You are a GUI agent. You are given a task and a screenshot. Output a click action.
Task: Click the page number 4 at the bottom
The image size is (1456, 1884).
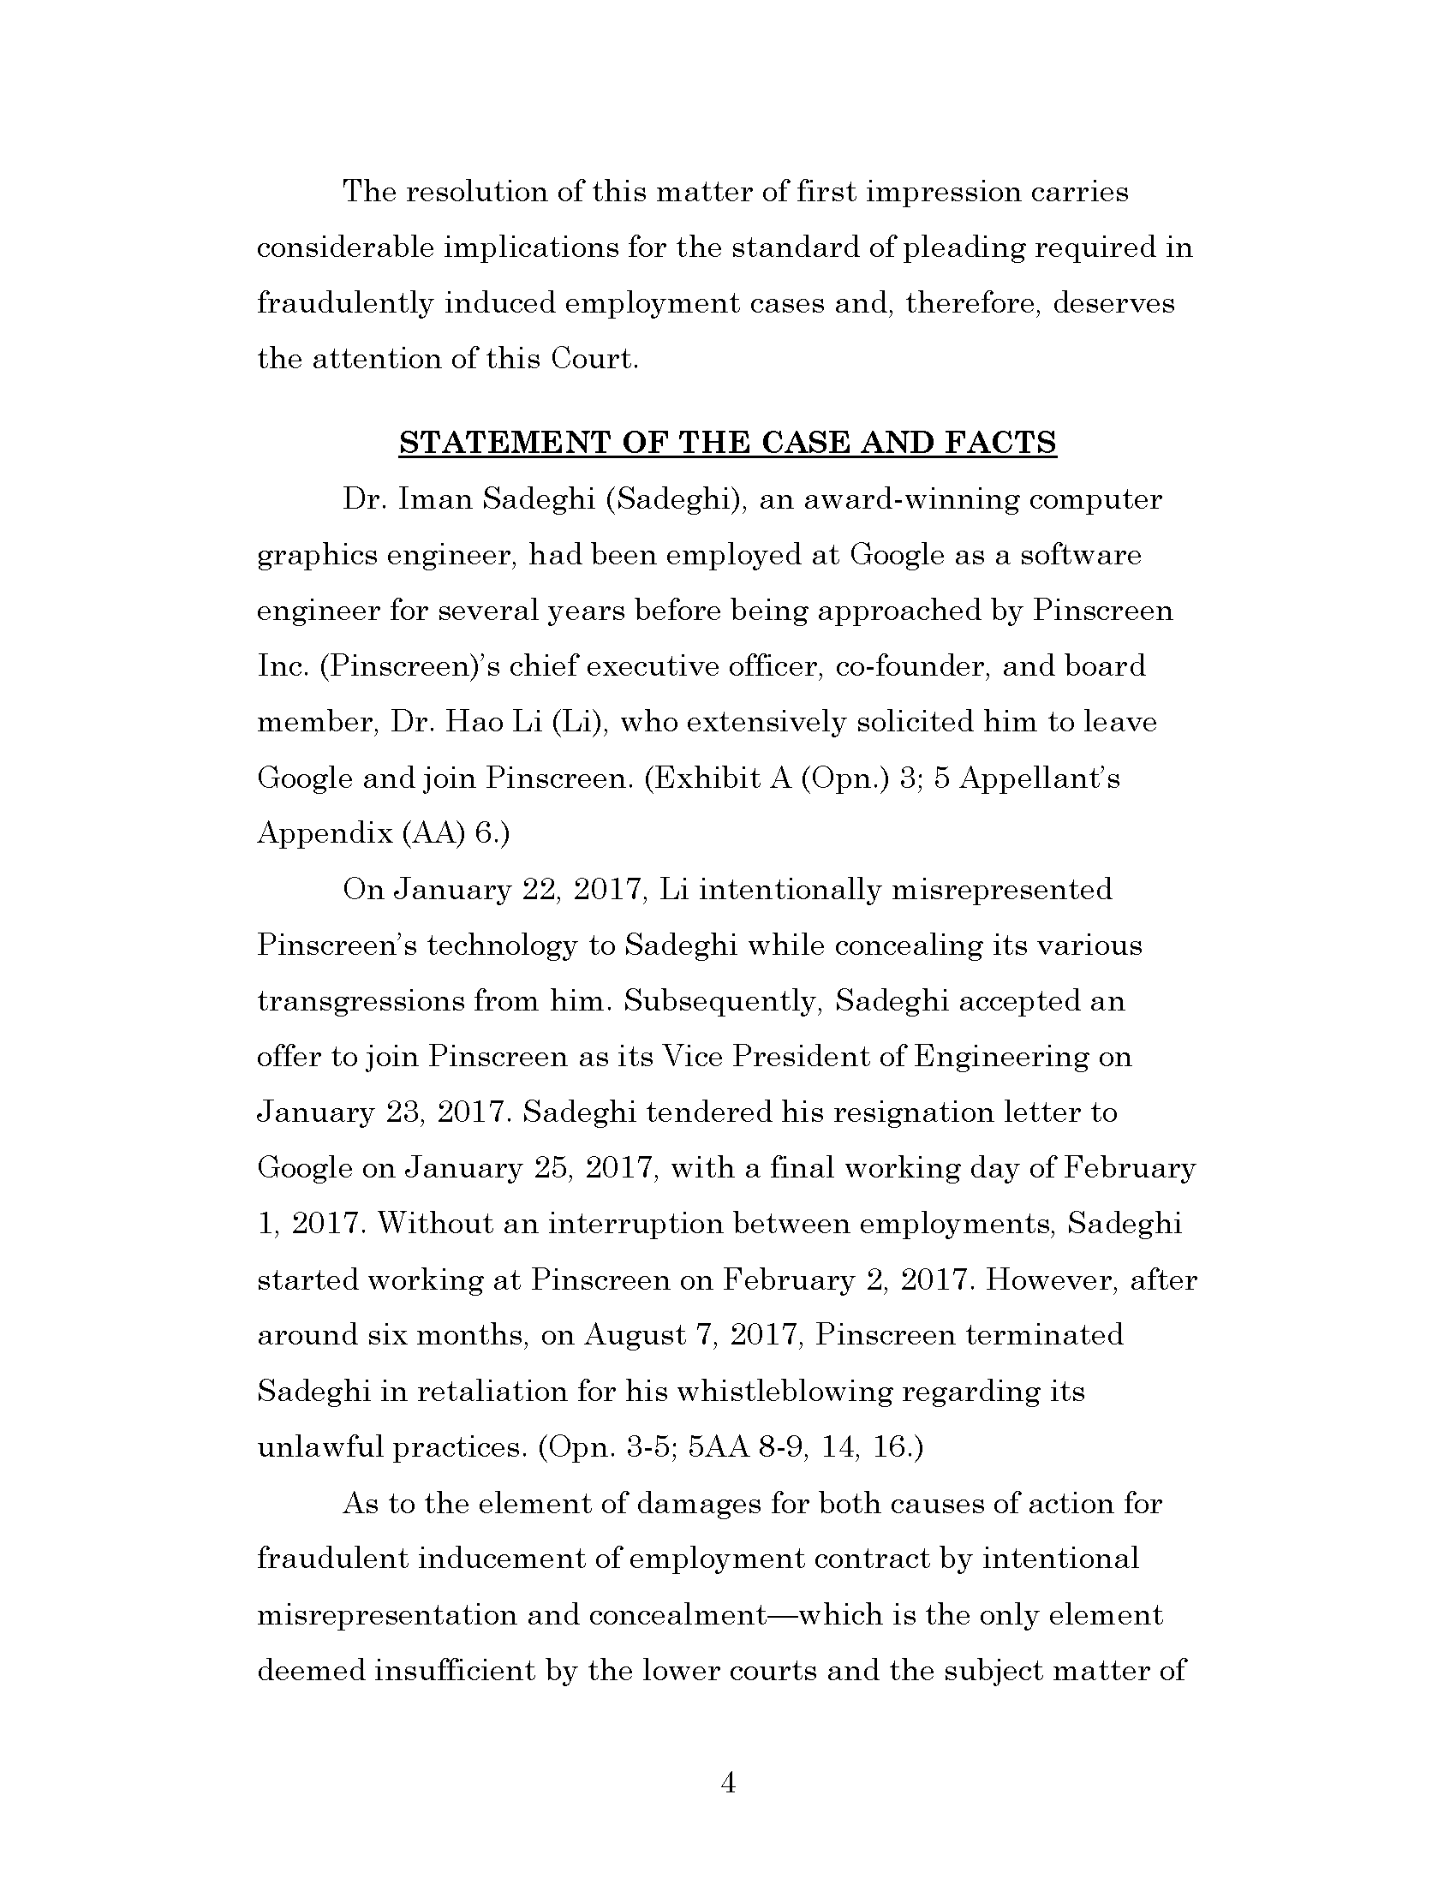727,1783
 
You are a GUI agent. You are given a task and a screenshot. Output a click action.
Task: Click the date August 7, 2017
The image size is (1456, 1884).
695,1335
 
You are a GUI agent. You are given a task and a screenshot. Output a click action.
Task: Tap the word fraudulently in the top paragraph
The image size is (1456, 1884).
345,304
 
